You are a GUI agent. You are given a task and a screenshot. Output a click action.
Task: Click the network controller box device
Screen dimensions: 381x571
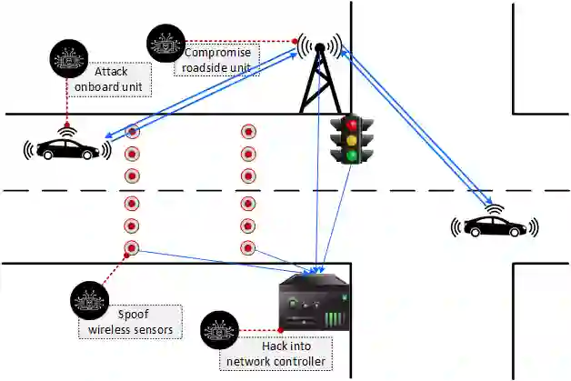click(x=314, y=306)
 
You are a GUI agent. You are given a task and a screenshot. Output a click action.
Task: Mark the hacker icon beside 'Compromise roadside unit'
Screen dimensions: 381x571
click(x=166, y=42)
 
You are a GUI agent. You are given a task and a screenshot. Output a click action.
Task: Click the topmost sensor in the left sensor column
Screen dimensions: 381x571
click(x=132, y=132)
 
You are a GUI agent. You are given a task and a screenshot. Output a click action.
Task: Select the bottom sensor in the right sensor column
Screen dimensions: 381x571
click(x=247, y=246)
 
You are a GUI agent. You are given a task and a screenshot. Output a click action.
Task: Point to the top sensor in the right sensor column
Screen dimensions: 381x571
click(x=247, y=132)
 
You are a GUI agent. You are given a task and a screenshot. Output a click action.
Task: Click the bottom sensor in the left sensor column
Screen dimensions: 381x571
click(x=132, y=246)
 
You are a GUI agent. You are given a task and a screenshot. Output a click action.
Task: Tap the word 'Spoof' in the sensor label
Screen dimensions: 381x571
click(x=133, y=315)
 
